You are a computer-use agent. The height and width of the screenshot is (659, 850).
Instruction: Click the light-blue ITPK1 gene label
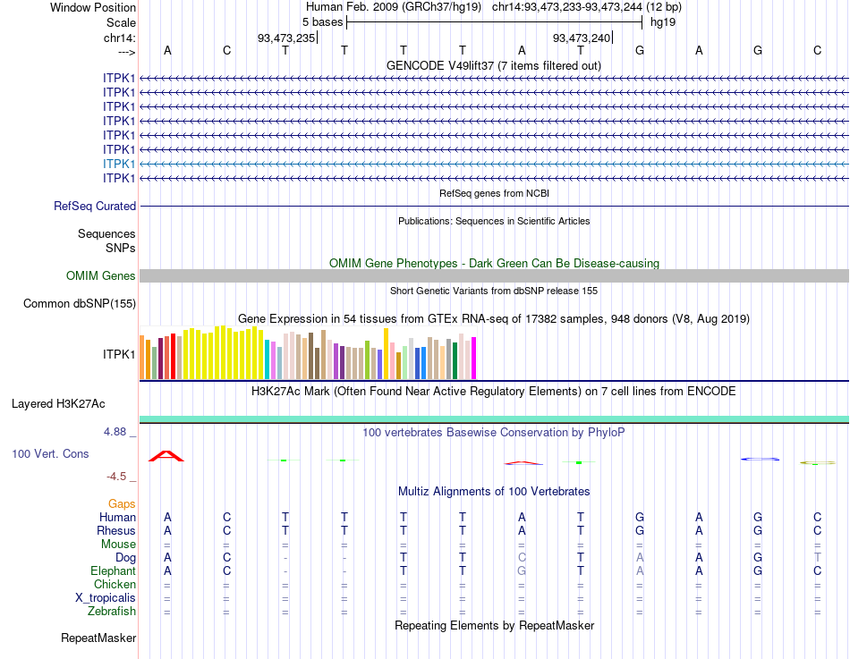pyautogui.click(x=119, y=164)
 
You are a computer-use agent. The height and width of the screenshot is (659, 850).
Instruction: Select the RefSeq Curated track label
pyautogui.click(x=95, y=206)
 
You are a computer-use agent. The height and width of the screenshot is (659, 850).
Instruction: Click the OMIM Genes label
pyautogui.click(x=101, y=276)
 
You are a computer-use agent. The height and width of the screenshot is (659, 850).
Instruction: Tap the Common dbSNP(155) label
pyautogui.click(x=80, y=304)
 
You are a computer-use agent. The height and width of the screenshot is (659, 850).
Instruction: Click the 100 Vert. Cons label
pyautogui.click(x=50, y=454)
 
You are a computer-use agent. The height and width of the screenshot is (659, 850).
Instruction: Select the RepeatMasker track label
pyautogui.click(x=98, y=638)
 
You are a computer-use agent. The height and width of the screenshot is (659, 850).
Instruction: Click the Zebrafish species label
pyautogui.click(x=112, y=612)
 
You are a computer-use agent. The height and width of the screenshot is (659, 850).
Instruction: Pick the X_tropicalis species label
pyautogui.click(x=106, y=598)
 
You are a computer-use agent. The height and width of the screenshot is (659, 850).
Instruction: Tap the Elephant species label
pyautogui.click(x=114, y=570)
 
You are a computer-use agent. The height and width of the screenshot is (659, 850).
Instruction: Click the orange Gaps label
pyautogui.click(x=122, y=504)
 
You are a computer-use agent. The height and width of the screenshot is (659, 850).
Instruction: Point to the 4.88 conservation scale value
pyautogui.click(x=119, y=432)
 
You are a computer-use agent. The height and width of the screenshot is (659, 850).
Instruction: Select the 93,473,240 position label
pyautogui.click(x=582, y=38)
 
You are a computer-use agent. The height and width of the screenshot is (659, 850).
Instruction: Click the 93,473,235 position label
pyautogui.click(x=286, y=38)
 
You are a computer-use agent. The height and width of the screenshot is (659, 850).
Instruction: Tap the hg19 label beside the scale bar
pyautogui.click(x=663, y=21)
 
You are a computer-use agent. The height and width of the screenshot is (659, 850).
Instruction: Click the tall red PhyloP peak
pyautogui.click(x=166, y=456)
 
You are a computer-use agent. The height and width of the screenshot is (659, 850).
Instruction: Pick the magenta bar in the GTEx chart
pyautogui.click(x=474, y=358)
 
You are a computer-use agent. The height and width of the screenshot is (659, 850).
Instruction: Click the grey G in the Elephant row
pyautogui.click(x=522, y=570)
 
